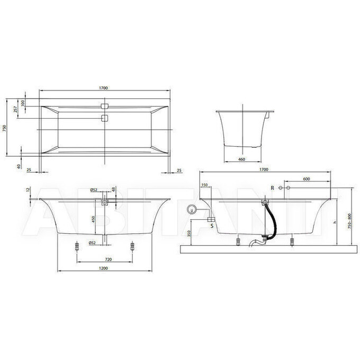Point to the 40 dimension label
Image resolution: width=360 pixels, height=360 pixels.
pos(19,166)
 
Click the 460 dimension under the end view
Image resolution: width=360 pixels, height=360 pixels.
pos(241,159)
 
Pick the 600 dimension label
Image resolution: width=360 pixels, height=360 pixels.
pos(306,179)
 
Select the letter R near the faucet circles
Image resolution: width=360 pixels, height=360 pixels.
pos(273,188)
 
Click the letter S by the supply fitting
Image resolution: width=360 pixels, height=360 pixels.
pos(212,226)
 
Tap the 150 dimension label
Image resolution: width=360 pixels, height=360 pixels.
pos(205,185)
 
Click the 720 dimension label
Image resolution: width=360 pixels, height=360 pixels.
pos(104,259)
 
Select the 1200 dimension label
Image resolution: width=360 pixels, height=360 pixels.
pos(104,269)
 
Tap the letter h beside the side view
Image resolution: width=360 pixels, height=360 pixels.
pos(335,222)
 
